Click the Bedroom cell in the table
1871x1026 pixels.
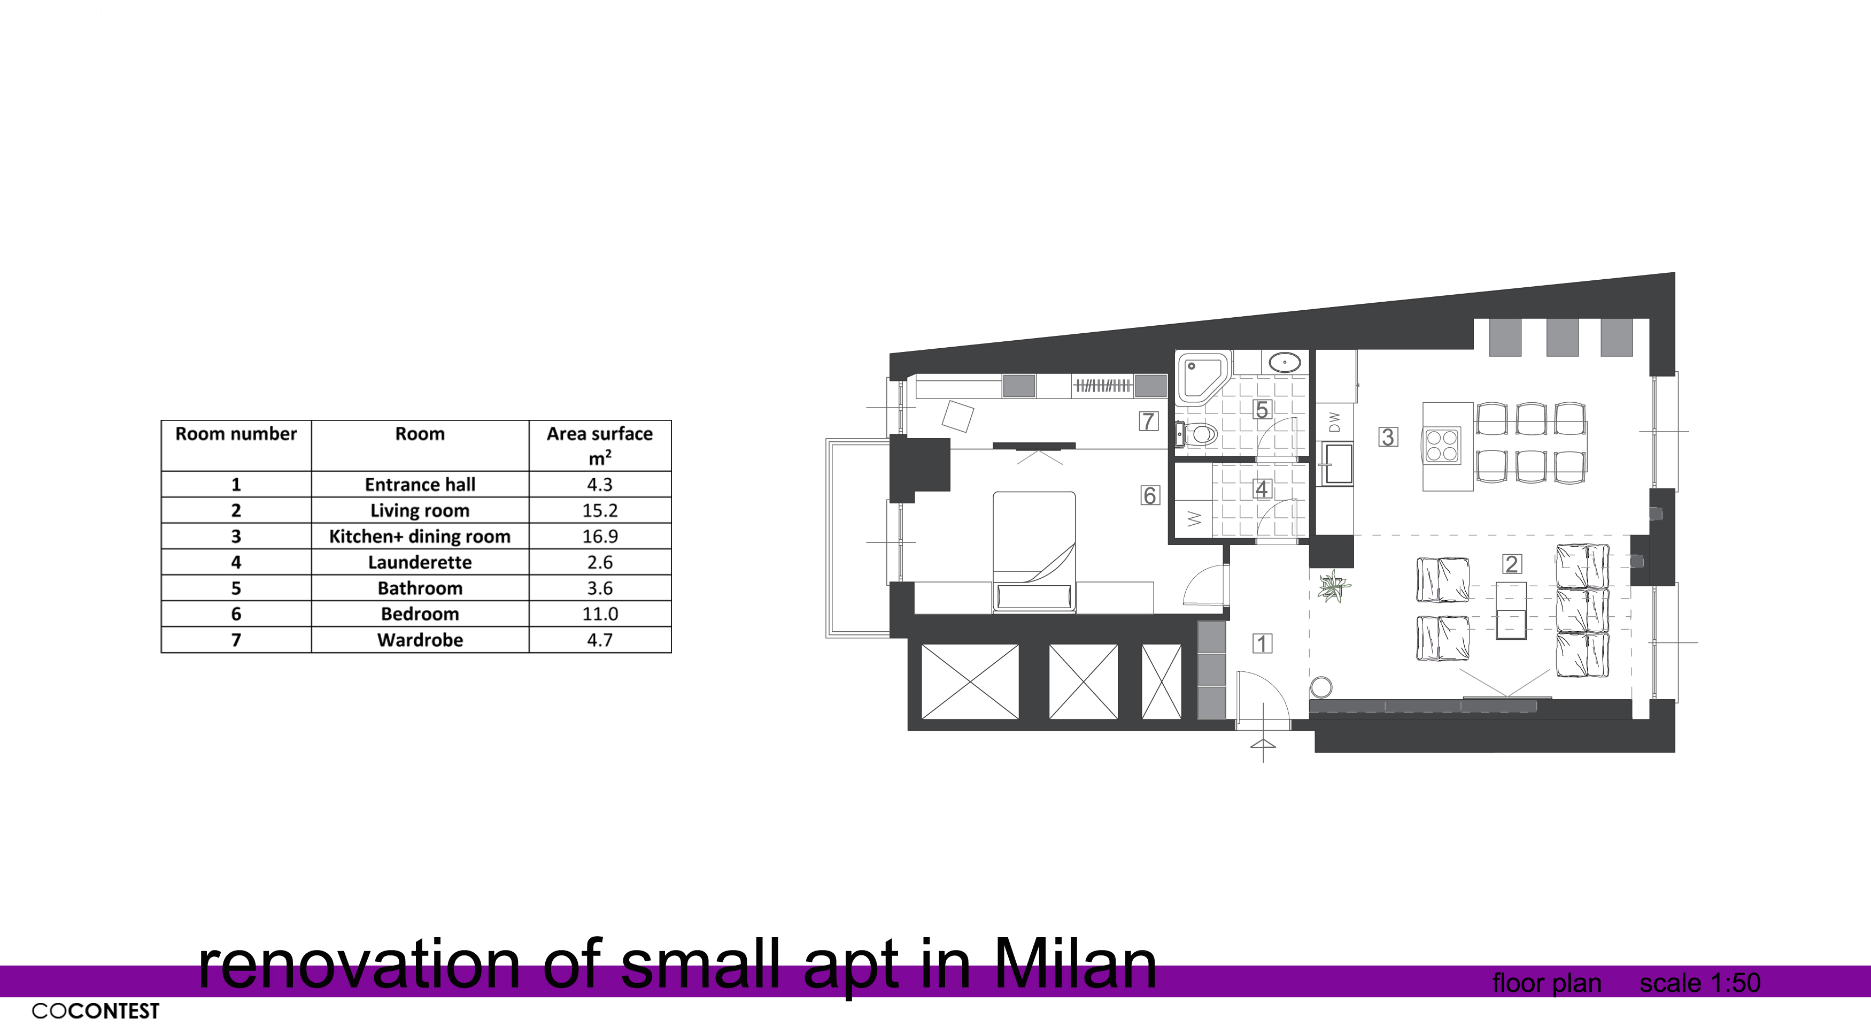click(420, 614)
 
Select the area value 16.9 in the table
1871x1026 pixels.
click(600, 536)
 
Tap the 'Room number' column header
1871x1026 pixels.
click(236, 434)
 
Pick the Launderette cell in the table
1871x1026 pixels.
click(420, 562)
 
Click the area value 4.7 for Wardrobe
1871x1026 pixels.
click(600, 640)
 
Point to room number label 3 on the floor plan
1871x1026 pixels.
click(1388, 437)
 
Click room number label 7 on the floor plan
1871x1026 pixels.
click(1148, 420)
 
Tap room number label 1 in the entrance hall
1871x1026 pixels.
click(1262, 643)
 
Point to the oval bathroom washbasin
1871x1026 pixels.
click(1286, 361)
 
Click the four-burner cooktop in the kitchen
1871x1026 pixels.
click(1442, 446)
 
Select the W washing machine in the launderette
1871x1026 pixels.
click(1194, 519)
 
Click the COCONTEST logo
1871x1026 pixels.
click(95, 1010)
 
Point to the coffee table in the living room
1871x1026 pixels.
click(1511, 610)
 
